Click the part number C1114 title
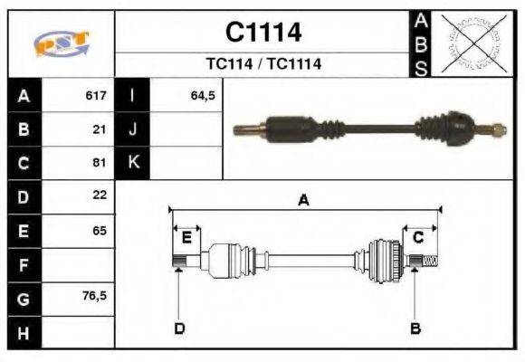(x=262, y=33)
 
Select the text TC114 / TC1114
(x=262, y=64)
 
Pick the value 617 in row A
(x=96, y=96)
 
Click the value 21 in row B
(x=100, y=129)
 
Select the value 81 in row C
(x=100, y=163)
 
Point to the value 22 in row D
(x=100, y=195)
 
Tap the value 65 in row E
(x=100, y=230)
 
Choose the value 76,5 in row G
(x=94, y=296)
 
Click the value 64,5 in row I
(x=203, y=96)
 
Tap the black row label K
(x=133, y=163)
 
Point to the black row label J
(x=133, y=129)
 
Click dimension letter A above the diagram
(x=304, y=201)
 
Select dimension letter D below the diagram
(x=179, y=328)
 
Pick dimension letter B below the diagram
(x=415, y=328)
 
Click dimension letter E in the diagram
(x=186, y=238)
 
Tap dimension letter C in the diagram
(x=418, y=237)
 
